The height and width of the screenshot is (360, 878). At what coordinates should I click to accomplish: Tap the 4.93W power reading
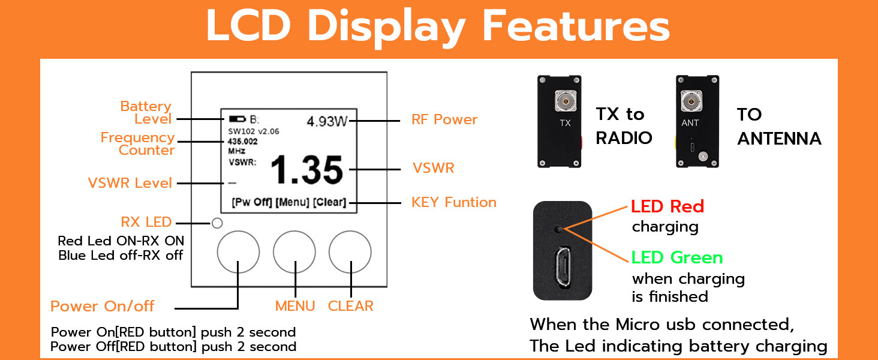[327, 121]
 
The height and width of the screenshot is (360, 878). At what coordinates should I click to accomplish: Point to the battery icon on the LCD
[237, 119]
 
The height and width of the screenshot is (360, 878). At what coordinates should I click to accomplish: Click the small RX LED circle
[218, 223]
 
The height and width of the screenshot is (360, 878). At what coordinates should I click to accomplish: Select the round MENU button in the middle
[294, 251]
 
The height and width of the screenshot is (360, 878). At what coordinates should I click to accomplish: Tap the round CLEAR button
[350, 251]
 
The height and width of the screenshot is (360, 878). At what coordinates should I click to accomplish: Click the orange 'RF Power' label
[444, 119]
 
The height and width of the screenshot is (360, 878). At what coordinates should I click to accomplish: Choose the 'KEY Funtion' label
[454, 202]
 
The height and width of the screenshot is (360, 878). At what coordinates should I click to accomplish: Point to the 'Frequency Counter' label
[137, 143]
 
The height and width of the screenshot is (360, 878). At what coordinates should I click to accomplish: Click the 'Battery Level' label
[146, 112]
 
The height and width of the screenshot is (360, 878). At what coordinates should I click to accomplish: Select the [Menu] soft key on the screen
[293, 202]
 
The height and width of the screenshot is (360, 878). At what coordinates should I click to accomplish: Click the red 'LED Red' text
[667, 206]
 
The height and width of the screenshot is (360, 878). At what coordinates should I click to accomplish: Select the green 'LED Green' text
[677, 257]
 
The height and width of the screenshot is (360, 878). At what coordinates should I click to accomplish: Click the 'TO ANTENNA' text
[779, 127]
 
